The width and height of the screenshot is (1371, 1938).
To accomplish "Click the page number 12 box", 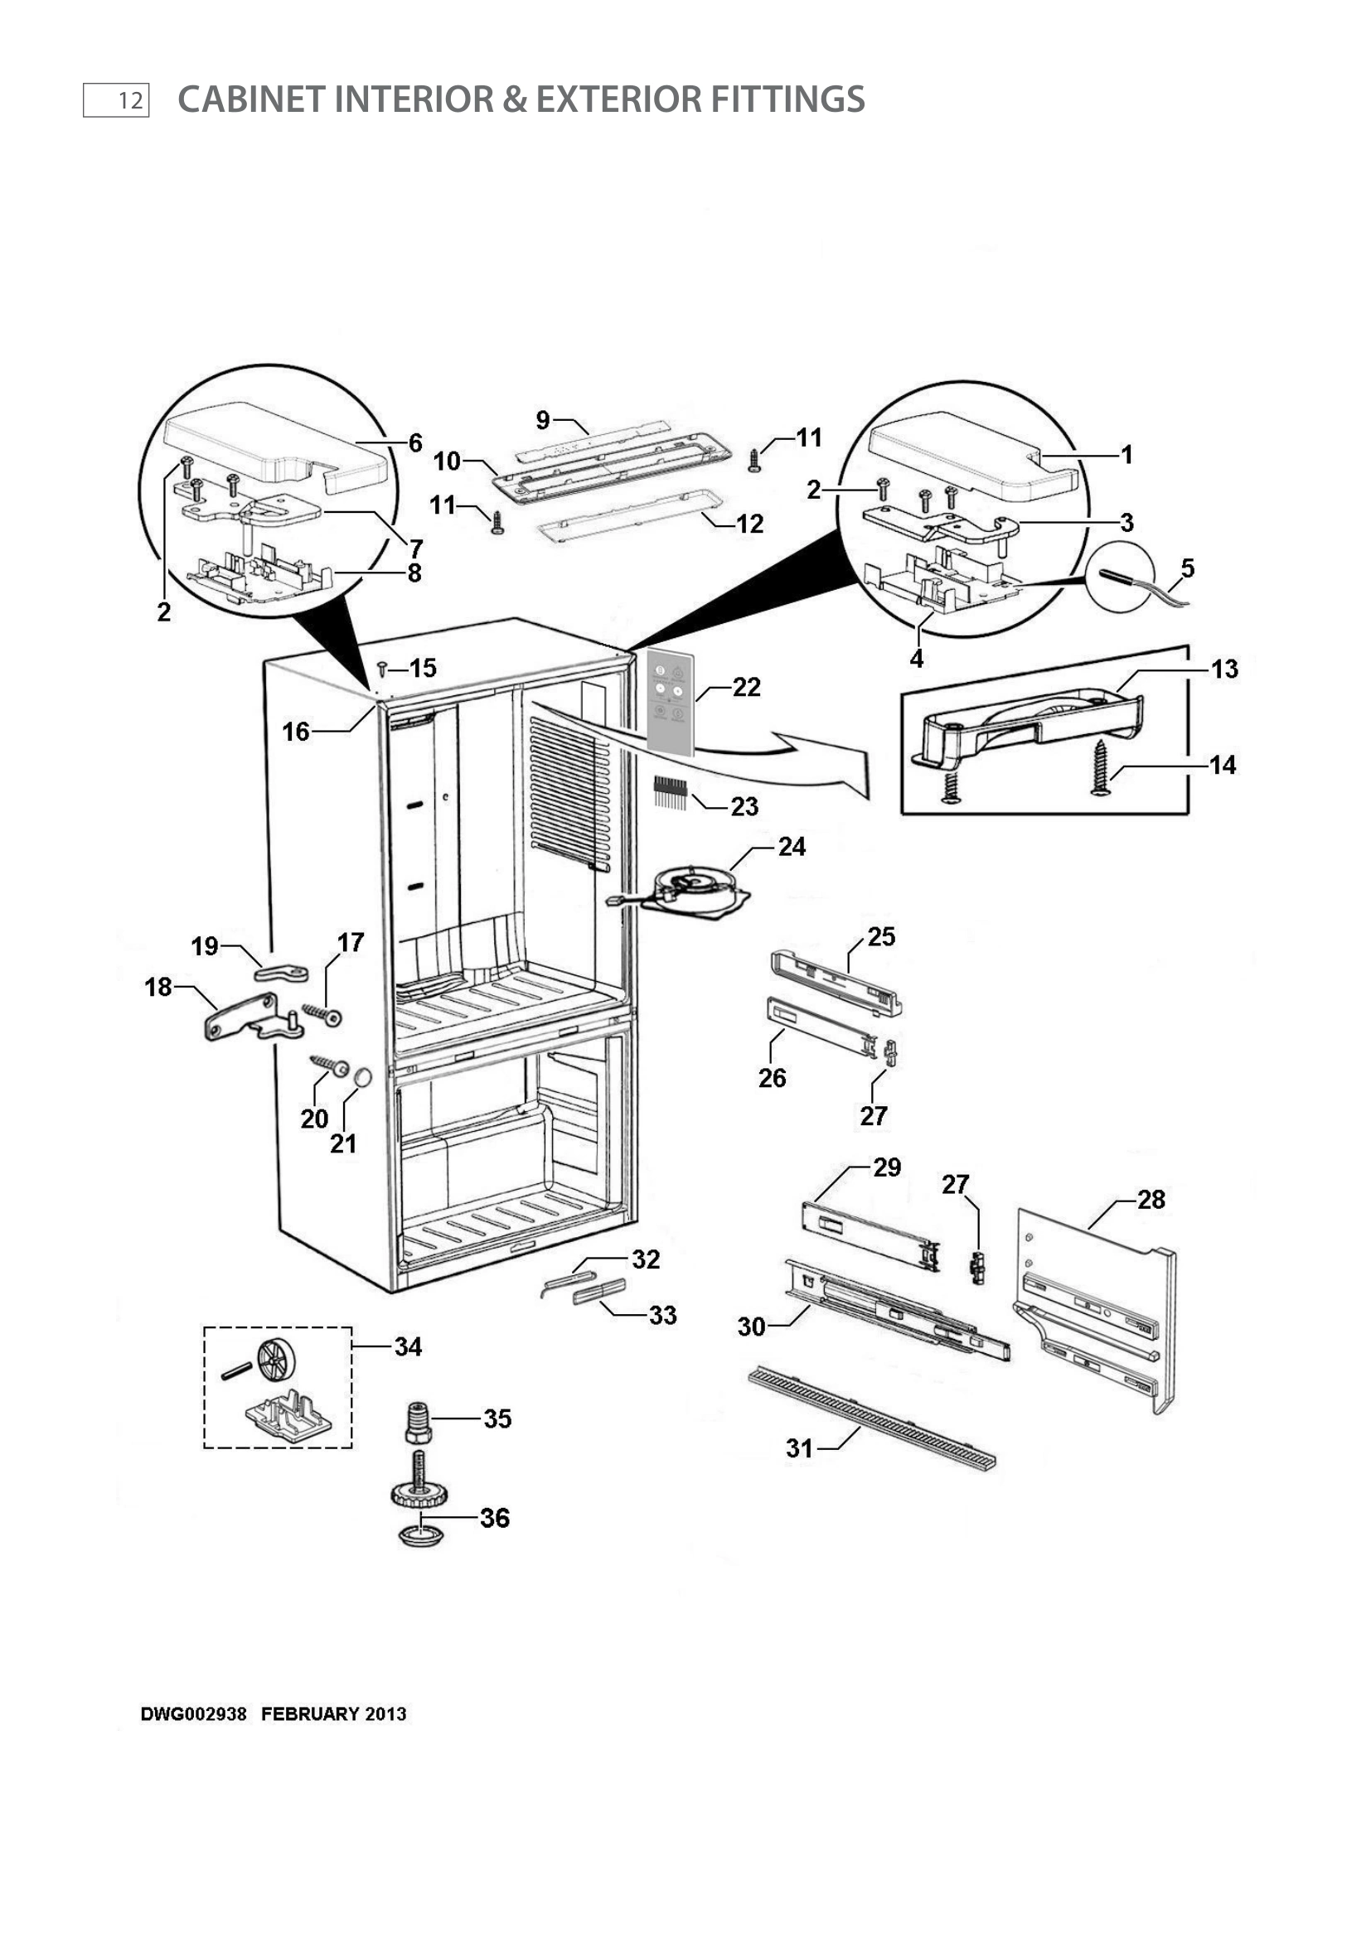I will tap(117, 100).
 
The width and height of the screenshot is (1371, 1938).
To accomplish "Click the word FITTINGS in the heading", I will tap(787, 99).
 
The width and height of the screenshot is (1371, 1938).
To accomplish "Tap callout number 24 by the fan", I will tap(791, 847).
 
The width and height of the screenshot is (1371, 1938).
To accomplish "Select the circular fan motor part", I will tap(695, 888).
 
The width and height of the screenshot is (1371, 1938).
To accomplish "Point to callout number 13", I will tap(1224, 669).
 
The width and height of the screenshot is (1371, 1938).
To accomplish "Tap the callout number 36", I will tap(495, 1519).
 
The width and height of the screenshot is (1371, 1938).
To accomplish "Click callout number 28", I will tap(1151, 1200).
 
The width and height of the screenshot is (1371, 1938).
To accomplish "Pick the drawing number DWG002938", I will tap(193, 1714).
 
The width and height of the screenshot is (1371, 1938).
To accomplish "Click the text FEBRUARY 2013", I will tap(333, 1714).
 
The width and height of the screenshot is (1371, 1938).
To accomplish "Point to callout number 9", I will tap(543, 419).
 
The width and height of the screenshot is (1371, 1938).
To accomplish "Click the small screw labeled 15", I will tap(382, 669).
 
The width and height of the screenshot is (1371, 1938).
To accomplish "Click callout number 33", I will tap(663, 1315).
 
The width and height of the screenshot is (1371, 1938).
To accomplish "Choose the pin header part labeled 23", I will tap(669, 794).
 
